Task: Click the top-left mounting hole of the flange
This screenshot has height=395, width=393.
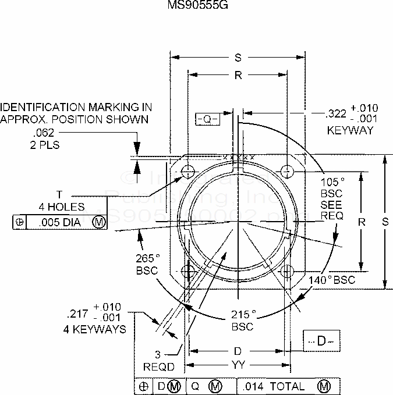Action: point(188,171)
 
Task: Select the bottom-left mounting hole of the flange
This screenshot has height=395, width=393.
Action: point(188,271)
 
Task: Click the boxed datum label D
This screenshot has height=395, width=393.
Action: point(321,341)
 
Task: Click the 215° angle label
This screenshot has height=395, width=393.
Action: point(243,315)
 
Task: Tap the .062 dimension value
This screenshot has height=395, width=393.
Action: point(43,133)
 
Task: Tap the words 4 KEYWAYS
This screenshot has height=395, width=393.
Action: point(95,329)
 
